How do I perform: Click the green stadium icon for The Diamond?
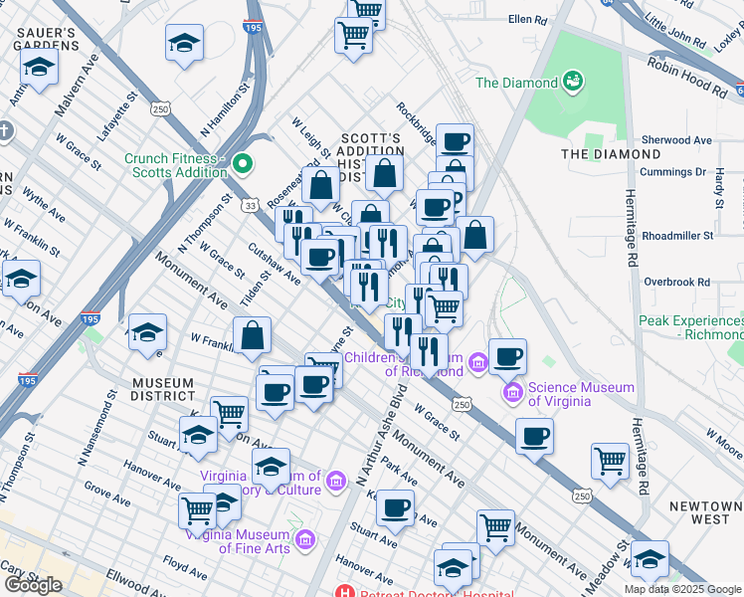pyautogui.click(x=572, y=81)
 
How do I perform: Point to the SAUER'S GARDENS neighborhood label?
pyautogui.click(x=47, y=39)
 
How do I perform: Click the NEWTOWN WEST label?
pyautogui.click(x=704, y=512)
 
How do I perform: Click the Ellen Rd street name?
pyautogui.click(x=527, y=19)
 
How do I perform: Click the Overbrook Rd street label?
pyautogui.click(x=677, y=283)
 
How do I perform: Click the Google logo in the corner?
pyautogui.click(x=33, y=584)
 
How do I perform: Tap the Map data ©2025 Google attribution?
pyautogui.click(x=682, y=589)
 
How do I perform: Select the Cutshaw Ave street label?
pyautogui.click(x=275, y=265)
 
